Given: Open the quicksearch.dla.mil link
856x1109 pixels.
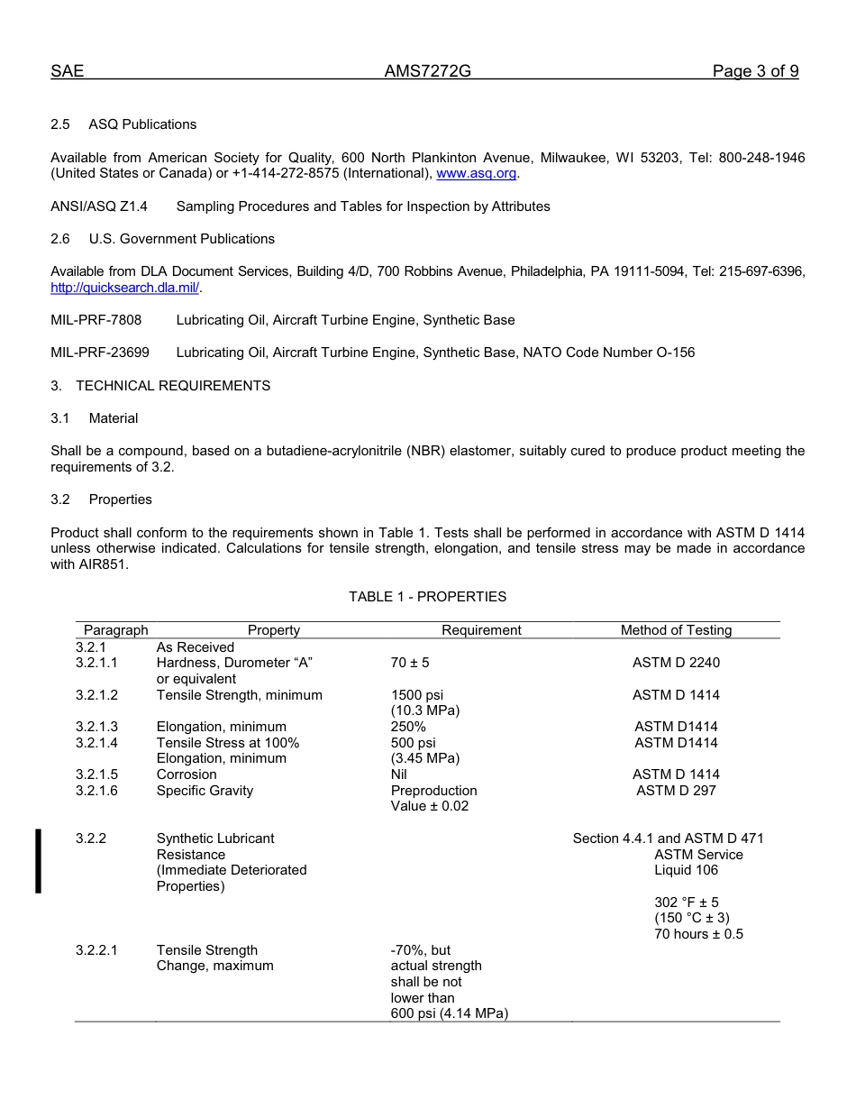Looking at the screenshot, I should (x=125, y=288).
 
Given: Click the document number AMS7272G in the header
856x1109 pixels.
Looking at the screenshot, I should (x=427, y=72).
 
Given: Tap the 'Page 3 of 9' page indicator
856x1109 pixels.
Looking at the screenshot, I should (x=755, y=72).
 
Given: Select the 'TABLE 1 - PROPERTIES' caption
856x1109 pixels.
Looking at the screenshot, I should (x=427, y=597).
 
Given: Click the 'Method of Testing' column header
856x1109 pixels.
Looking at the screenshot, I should (x=676, y=630).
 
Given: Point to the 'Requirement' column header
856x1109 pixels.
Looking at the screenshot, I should (x=481, y=630).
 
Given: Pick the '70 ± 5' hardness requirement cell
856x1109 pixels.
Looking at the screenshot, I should (x=410, y=663).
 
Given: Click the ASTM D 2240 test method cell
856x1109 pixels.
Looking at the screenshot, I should (x=676, y=663).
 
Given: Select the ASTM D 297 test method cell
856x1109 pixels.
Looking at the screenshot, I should (x=676, y=791).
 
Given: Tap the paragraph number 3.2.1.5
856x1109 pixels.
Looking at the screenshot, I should (x=96, y=774).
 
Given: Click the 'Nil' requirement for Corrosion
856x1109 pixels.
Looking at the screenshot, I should (x=399, y=774).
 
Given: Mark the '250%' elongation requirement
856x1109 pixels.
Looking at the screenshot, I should (x=408, y=727).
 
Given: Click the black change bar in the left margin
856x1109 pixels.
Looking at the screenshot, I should (x=38, y=861).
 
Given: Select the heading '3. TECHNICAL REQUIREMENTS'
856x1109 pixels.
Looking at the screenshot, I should (x=160, y=386).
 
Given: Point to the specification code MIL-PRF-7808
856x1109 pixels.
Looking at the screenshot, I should (x=96, y=320).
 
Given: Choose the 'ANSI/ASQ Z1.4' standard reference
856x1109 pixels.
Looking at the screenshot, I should (x=99, y=206).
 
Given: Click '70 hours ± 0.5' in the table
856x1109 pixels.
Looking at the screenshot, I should (x=698, y=934).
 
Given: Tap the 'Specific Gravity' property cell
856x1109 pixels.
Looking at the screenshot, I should (x=205, y=791).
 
